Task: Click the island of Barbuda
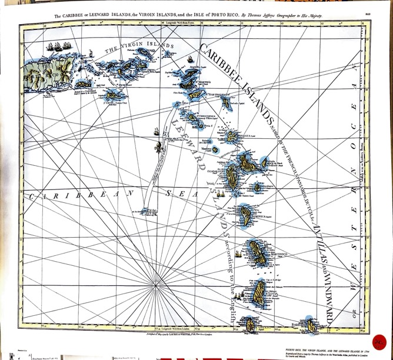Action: [225, 104]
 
